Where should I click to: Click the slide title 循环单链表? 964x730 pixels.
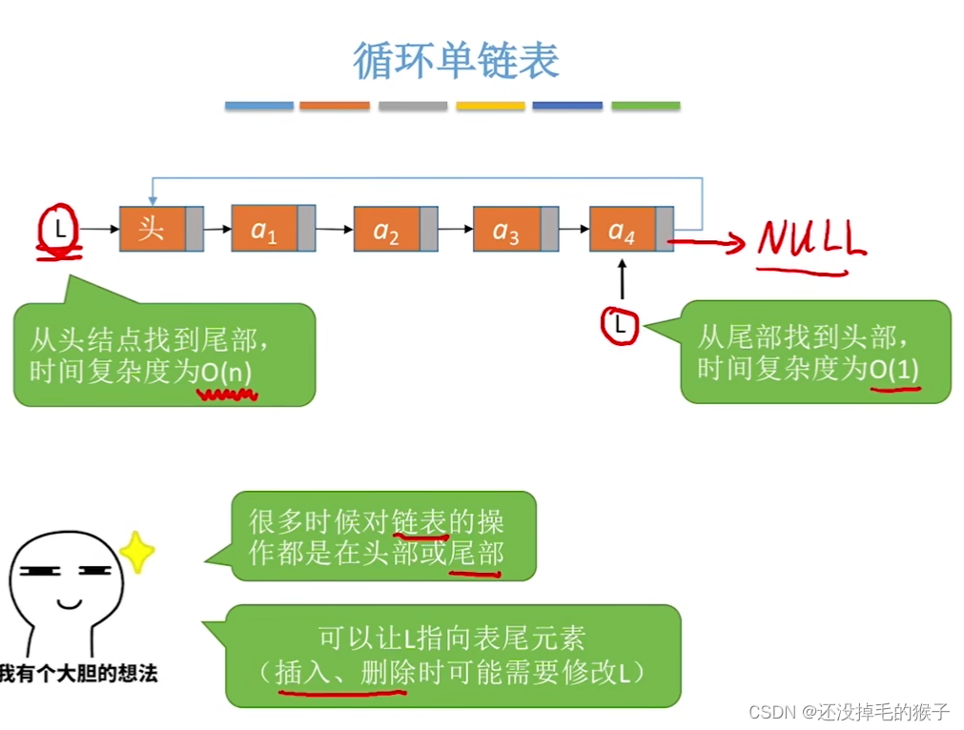456,60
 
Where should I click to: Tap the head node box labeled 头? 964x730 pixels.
152,229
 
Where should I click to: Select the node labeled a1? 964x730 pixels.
264,229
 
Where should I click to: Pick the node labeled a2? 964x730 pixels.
386,230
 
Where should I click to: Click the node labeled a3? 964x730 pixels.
506,230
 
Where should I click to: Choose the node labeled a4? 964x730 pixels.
623,230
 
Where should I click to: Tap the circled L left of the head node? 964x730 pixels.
59,229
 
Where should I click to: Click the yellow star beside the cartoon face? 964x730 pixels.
137,552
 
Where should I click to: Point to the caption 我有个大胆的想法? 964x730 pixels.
78,675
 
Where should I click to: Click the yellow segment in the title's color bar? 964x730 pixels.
490,106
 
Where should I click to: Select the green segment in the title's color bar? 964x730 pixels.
646,106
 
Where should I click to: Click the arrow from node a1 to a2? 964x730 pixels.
334,230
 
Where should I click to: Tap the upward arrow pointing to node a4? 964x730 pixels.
622,280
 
